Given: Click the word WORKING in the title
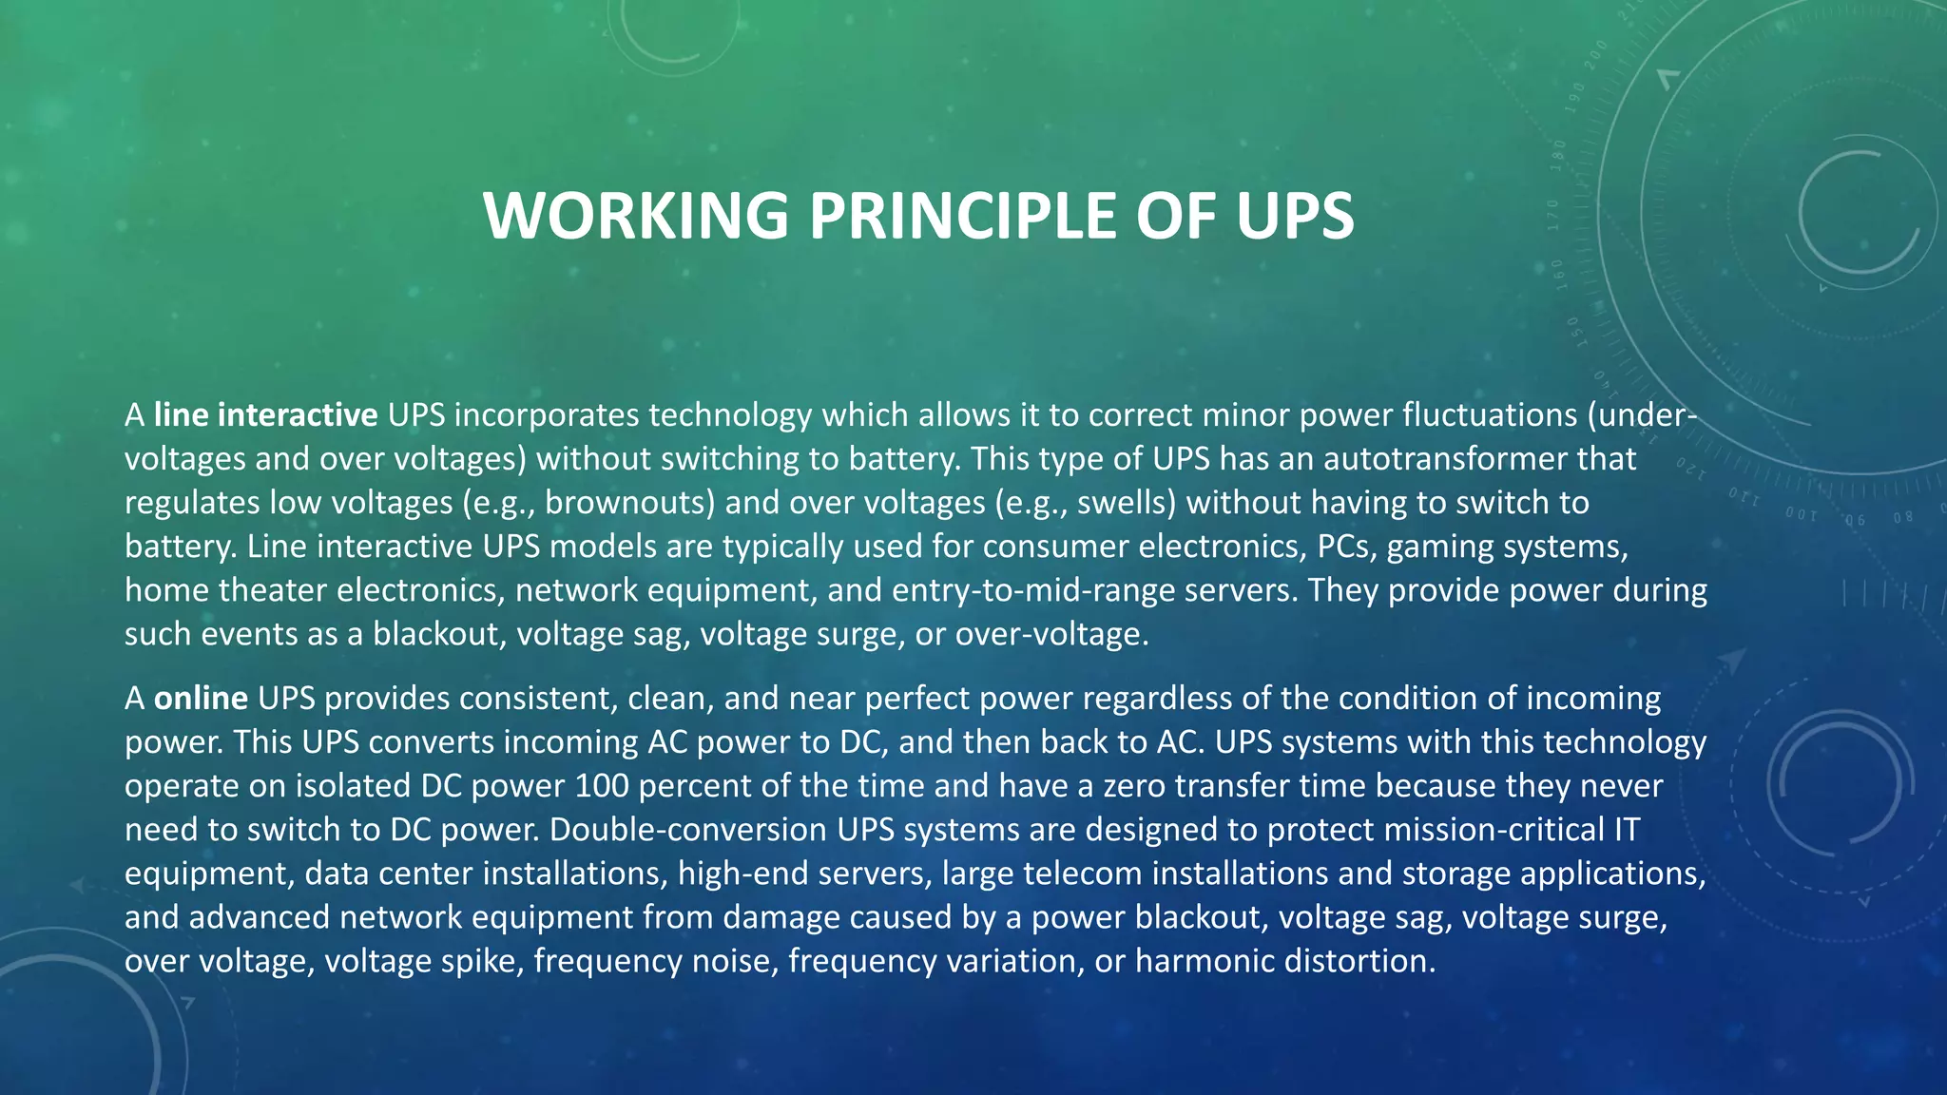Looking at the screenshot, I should (x=635, y=216).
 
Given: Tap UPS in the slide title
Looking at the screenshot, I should (x=1295, y=216).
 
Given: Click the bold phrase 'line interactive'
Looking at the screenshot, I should (x=266, y=415).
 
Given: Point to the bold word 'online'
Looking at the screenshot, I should (x=201, y=699).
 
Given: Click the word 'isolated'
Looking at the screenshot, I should (x=352, y=786).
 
